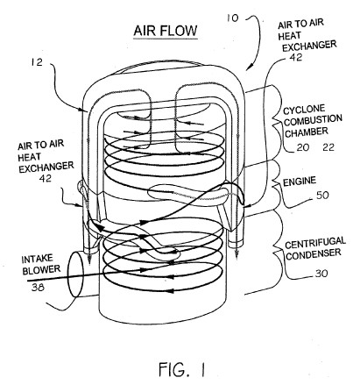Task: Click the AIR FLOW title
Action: (x=166, y=31)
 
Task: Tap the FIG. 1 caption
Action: (x=182, y=369)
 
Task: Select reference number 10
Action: (x=232, y=18)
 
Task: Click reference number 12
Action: (x=37, y=62)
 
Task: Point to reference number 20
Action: (x=303, y=147)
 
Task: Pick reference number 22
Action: (x=328, y=147)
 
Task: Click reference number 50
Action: (x=322, y=195)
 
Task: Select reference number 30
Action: (x=321, y=274)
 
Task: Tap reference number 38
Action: (x=38, y=288)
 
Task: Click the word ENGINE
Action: (x=300, y=182)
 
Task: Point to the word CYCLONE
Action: (x=304, y=110)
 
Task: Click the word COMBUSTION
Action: (x=313, y=120)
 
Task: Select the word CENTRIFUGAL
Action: (x=315, y=243)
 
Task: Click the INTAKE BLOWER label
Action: (x=41, y=265)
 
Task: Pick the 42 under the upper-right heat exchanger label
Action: (x=296, y=57)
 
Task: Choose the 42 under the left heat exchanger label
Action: (x=45, y=178)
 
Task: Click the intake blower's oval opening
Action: (x=75, y=274)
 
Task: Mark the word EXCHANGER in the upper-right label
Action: (x=309, y=46)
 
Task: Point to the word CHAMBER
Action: (x=307, y=132)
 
